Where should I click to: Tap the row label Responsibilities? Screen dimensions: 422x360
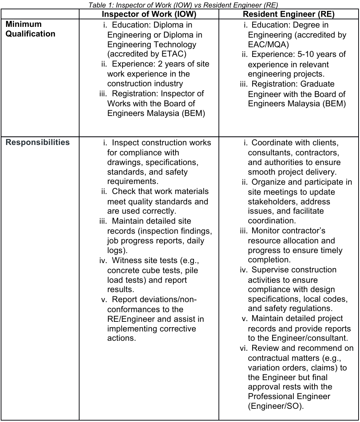pyautogui.click(x=38, y=142)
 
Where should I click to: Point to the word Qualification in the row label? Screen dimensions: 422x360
pyautogui.click(x=31, y=34)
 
